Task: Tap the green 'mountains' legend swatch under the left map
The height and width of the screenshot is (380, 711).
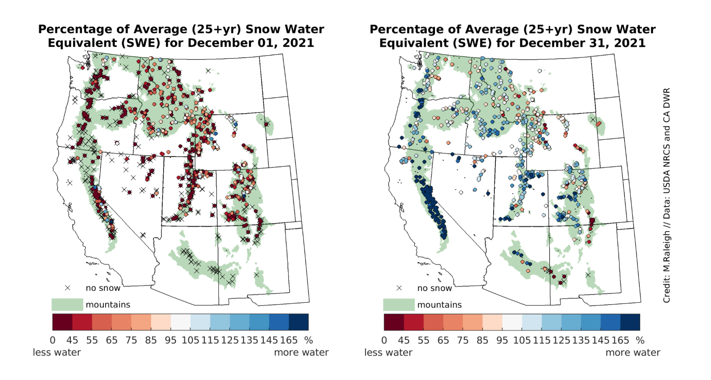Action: (x=67, y=305)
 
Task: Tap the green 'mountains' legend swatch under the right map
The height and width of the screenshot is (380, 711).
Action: (x=399, y=305)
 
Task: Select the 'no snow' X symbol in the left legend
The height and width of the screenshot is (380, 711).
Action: (x=68, y=288)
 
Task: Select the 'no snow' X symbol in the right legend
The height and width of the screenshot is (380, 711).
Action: (x=399, y=288)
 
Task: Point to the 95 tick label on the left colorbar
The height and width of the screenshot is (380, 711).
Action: (x=170, y=341)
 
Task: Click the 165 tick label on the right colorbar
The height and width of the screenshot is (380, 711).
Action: (x=620, y=341)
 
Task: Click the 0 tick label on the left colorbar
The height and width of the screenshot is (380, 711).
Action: (x=53, y=341)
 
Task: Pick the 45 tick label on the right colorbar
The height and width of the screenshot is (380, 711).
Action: (x=403, y=341)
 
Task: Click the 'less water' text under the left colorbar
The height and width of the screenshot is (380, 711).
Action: (x=57, y=353)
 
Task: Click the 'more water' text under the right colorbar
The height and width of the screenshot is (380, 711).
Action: (x=633, y=353)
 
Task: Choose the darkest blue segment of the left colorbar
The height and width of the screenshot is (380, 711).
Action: (x=299, y=322)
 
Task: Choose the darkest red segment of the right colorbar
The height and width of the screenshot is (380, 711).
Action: (x=394, y=322)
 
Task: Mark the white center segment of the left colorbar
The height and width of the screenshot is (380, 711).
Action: (x=180, y=322)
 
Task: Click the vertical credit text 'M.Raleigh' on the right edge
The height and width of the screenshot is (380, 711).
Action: (x=667, y=251)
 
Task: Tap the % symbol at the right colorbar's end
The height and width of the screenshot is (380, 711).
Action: (x=640, y=341)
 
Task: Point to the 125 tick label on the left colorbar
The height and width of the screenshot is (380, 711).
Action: (x=230, y=341)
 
